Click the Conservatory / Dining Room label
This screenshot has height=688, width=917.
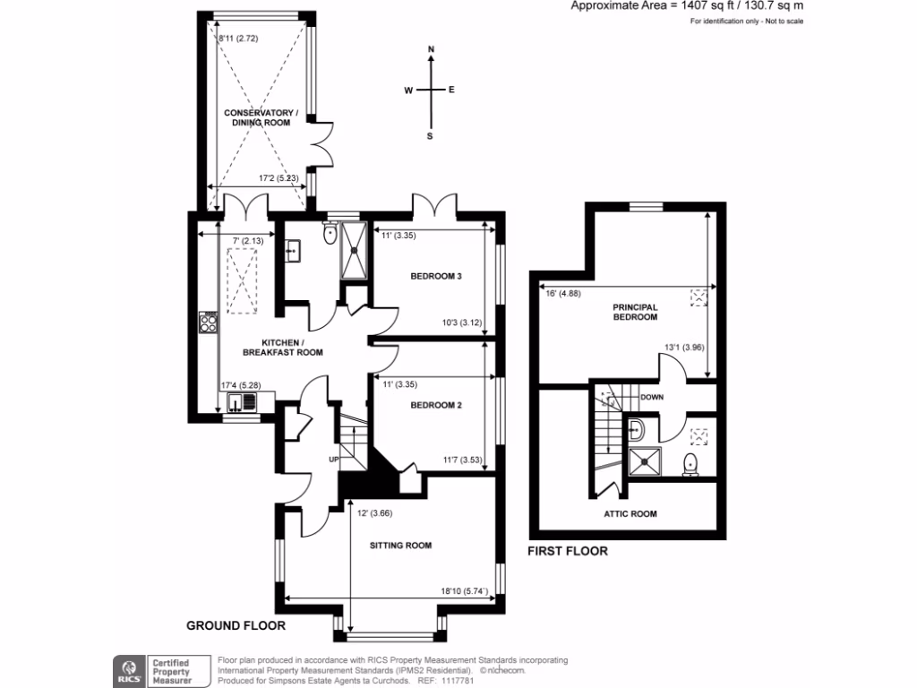point(259,117)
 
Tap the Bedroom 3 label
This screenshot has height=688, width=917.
point(435,276)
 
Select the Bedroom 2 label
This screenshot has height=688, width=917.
point(435,405)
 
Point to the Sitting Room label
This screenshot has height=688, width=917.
point(400,545)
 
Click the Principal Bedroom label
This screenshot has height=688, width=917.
point(635,312)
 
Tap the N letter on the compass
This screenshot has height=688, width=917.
point(431,50)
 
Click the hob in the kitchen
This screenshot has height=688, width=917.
point(209,322)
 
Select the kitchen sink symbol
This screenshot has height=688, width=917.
point(240,402)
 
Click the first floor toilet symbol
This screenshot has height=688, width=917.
point(690,464)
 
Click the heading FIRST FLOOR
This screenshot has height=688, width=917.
point(567,551)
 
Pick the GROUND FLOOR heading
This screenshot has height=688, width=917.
point(236,625)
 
